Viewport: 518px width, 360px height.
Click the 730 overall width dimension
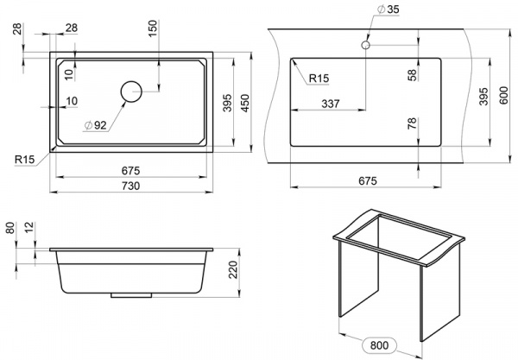point(131,186)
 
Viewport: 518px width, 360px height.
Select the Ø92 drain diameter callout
point(96,125)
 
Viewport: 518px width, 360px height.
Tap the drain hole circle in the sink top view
point(131,92)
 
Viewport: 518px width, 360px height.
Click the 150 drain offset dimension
point(153,28)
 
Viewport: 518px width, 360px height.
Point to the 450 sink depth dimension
point(245,103)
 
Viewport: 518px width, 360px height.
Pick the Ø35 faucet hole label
point(388,9)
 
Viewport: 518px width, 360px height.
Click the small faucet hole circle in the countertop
point(365,45)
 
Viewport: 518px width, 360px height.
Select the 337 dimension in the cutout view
point(331,104)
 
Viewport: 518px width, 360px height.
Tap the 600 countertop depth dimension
point(503,95)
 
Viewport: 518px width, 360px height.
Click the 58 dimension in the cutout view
point(413,75)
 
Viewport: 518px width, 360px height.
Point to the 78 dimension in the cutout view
point(413,123)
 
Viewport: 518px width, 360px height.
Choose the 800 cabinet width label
point(379,345)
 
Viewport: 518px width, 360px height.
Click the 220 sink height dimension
point(233,269)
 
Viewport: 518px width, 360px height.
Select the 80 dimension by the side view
point(10,228)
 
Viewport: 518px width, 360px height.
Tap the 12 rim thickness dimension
point(29,227)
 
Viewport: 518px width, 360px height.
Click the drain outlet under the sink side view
point(131,295)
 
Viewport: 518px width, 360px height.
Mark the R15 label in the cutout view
point(319,79)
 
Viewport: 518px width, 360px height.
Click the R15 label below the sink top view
point(24,160)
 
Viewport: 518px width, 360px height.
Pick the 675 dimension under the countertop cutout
point(368,181)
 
